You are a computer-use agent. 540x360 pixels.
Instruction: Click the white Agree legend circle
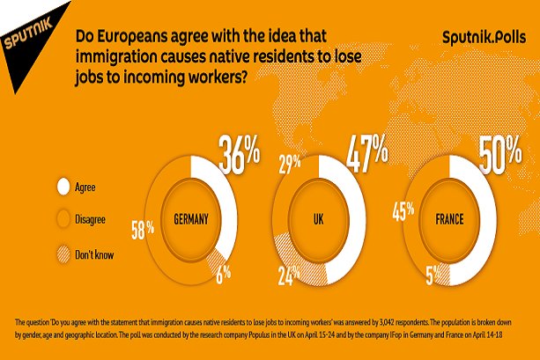[63, 187]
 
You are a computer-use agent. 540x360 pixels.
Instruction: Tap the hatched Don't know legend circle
[63, 255]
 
